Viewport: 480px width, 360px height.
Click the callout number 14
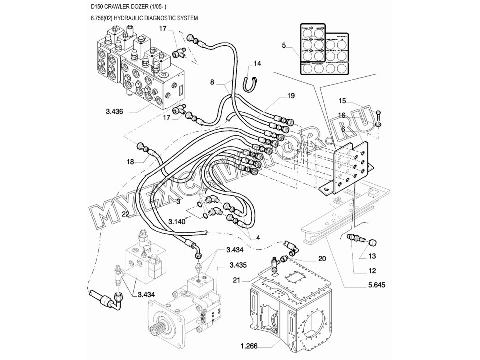tap(257, 63)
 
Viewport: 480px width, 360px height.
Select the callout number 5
tap(284, 45)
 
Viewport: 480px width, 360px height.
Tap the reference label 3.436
tap(114, 111)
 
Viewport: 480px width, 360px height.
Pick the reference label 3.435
tap(238, 264)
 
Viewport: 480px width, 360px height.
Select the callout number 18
tap(130, 162)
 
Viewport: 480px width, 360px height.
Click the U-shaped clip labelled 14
tap(251, 82)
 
